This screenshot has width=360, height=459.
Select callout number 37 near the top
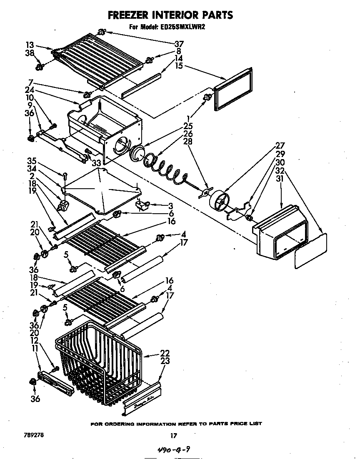tap(179, 44)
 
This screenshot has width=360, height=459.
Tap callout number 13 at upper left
tap(29, 45)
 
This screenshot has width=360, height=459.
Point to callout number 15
tap(179, 65)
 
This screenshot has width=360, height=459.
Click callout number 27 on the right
tap(280, 146)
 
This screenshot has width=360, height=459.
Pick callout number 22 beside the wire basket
tap(165, 353)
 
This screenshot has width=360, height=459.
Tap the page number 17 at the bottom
tap(174, 436)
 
